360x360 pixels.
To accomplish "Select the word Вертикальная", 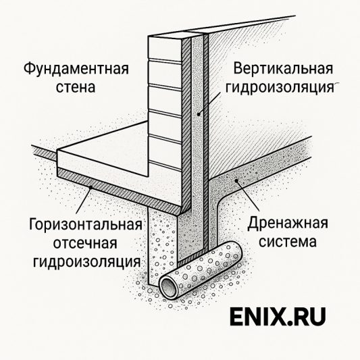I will [x=284, y=70].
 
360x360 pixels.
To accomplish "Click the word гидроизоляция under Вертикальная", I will [x=284, y=88].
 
